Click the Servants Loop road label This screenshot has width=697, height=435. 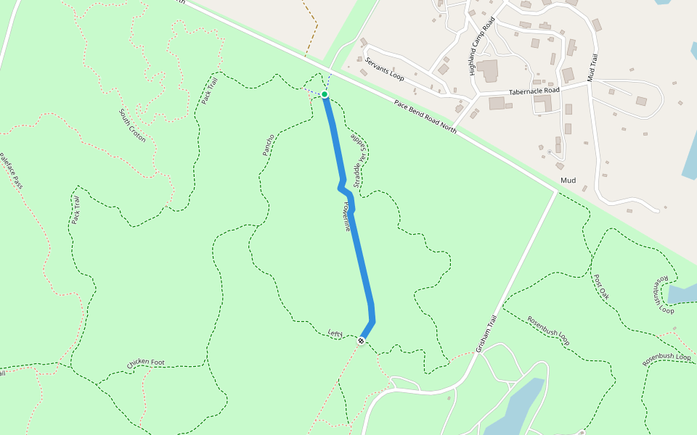click(385, 68)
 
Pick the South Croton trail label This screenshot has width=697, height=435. click(131, 125)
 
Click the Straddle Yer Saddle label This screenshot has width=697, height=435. click(359, 160)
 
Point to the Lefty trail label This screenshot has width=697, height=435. click(335, 333)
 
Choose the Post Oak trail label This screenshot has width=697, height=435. click(600, 287)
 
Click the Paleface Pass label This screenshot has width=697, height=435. click(12, 171)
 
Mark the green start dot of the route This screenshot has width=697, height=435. click(325, 95)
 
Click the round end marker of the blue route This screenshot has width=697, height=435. click(361, 340)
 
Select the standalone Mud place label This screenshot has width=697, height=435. click(568, 179)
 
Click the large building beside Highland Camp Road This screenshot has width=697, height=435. click(488, 70)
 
